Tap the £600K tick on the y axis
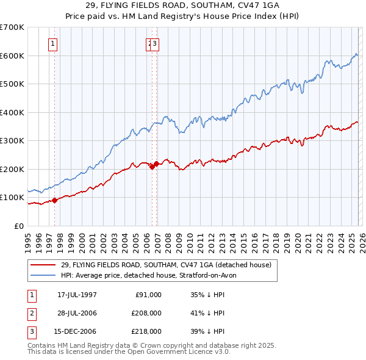tap(12, 56)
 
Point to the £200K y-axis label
tap(12, 169)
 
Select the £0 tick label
tap(18, 226)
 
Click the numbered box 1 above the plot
tap(53, 43)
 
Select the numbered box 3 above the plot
tap(156, 43)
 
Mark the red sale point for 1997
tap(55, 200)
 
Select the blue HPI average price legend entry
tap(152, 275)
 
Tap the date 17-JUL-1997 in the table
tap(77, 295)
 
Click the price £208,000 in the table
tap(146, 313)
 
